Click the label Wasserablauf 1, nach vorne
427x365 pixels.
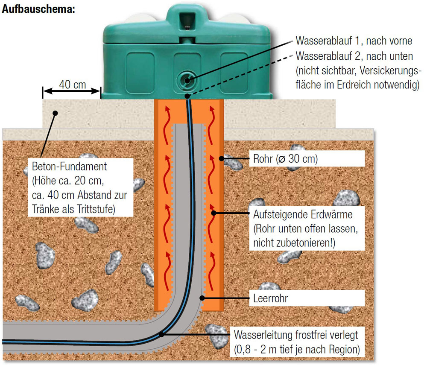point(354,41)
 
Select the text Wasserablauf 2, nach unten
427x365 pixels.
point(354,56)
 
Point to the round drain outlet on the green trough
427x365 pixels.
point(186,79)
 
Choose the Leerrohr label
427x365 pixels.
point(270,298)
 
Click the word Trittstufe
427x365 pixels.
point(101,209)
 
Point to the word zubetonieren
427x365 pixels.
point(306,243)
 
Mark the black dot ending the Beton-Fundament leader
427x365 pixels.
point(55,113)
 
